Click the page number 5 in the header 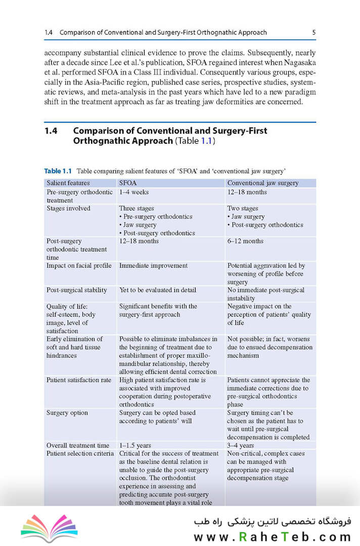(314, 33)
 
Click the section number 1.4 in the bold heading (51, 131)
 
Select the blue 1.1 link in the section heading (206, 141)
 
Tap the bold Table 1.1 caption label (59, 171)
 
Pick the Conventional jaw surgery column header (262, 183)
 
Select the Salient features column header (68, 183)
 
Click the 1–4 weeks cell (134, 192)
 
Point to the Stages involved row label (68, 208)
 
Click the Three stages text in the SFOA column (137, 208)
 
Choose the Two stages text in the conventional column (243, 208)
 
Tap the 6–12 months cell (245, 241)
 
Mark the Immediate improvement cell (153, 266)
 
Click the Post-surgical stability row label (77, 290)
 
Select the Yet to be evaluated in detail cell (157, 290)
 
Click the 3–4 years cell (240, 446)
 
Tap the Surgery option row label (67, 413)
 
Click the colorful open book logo (49, 528)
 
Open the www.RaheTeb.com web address (272, 536)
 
